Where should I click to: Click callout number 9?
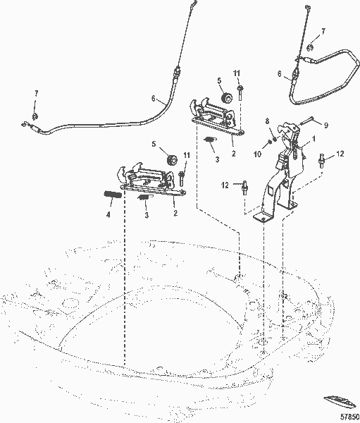pos(326,125)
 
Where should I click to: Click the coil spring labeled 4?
pos(112,194)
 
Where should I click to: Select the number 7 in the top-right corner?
pos(323,32)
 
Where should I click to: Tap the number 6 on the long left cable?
pos(154,99)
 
